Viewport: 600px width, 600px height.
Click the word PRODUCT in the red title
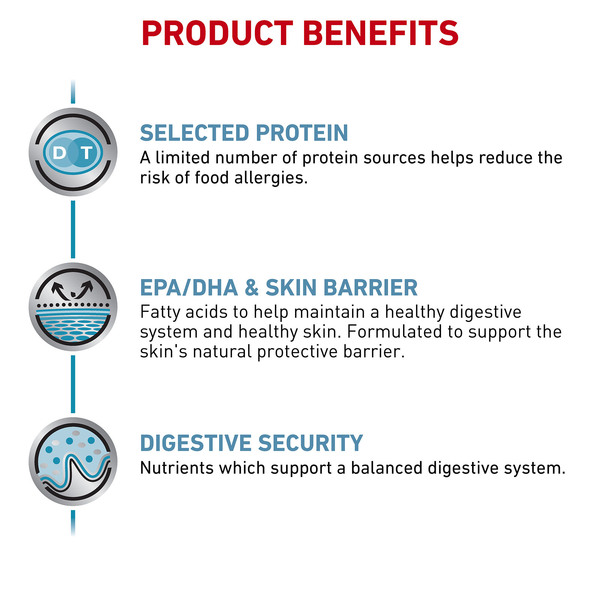pyautogui.click(x=217, y=33)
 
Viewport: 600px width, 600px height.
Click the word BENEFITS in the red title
pyautogui.click(x=381, y=33)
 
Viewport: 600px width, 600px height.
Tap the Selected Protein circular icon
pyautogui.click(x=73, y=152)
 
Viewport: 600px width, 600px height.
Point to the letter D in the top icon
pyautogui.click(x=59, y=153)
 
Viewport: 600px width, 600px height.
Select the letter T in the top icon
pyautogui.click(x=87, y=153)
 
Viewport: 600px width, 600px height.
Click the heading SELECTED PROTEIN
pyautogui.click(x=244, y=133)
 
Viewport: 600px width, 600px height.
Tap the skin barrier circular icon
pyautogui.click(x=73, y=307)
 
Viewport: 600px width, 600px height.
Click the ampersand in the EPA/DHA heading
pyautogui.click(x=251, y=288)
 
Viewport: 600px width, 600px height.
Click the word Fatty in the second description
pyautogui.click(x=160, y=313)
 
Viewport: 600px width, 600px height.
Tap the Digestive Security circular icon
pyautogui.click(x=73, y=462)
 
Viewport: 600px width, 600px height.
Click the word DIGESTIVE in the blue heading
pyautogui.click(x=196, y=443)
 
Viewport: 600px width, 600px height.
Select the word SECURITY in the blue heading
pyautogui.click(x=310, y=443)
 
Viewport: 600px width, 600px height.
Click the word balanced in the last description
pyautogui.click(x=386, y=468)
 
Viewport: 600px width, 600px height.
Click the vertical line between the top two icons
pyautogui.click(x=73, y=229)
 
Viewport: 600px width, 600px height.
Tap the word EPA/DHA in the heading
pyautogui.click(x=189, y=288)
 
